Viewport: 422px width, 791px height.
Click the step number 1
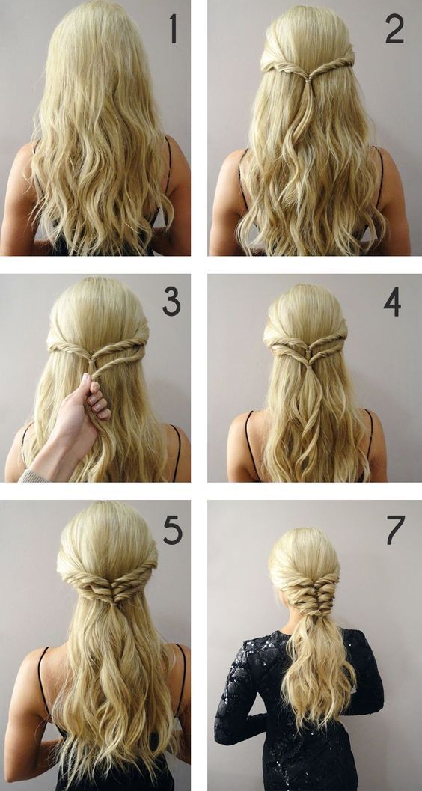point(174,28)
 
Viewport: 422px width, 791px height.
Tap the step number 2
point(395,29)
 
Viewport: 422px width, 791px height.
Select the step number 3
point(171,303)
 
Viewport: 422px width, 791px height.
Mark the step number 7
point(396,530)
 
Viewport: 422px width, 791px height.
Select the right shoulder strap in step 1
point(168,166)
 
